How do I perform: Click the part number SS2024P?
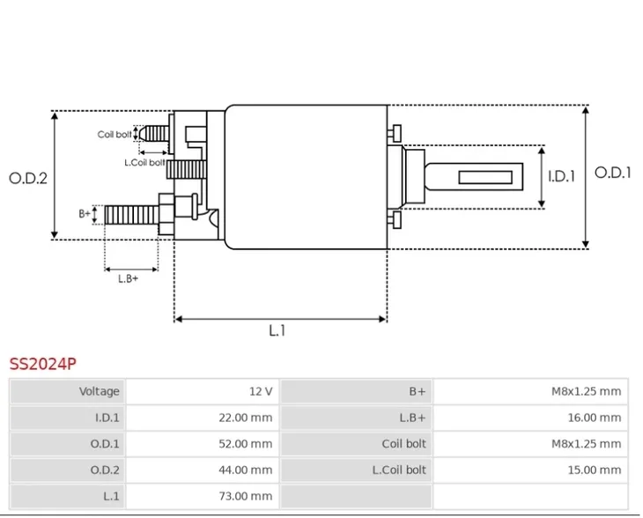(43, 362)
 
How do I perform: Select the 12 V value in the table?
(261, 391)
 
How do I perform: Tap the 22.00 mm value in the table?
(245, 418)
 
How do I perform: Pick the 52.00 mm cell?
(245, 444)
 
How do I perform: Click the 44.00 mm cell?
(245, 470)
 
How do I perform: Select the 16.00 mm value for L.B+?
(594, 418)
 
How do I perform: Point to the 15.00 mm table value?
(594, 470)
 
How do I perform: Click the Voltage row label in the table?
(99, 391)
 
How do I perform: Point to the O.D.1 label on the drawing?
(613, 173)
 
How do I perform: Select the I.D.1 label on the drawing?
(561, 176)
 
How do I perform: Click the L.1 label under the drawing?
(277, 330)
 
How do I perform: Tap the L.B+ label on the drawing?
(129, 278)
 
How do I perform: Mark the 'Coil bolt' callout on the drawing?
(114, 135)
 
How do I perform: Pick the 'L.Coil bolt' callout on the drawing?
(144, 162)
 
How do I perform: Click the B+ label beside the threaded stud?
(85, 213)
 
